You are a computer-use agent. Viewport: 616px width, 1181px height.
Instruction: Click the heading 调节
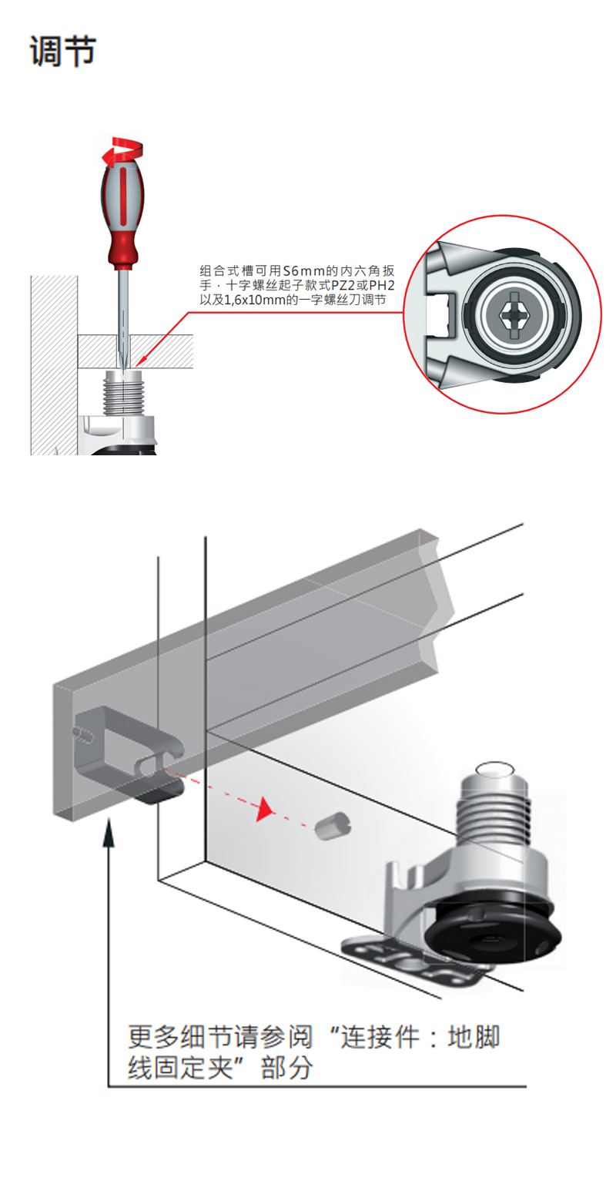pos(62,52)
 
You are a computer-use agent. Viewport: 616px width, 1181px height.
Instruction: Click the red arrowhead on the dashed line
pos(266,808)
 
